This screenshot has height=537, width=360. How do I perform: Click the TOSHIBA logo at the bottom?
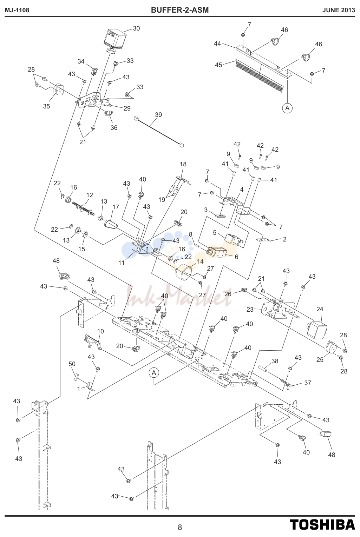click(x=322, y=525)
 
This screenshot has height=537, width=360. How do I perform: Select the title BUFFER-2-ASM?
click(x=180, y=10)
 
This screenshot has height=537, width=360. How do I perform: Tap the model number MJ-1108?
click(x=17, y=10)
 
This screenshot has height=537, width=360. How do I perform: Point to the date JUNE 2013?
click(x=339, y=10)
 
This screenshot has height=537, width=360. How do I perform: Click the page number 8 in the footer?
click(x=180, y=528)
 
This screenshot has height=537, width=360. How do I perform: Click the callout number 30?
click(x=136, y=28)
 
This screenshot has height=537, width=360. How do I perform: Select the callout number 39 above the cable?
click(x=158, y=114)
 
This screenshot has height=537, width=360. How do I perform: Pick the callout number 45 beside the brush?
click(x=218, y=65)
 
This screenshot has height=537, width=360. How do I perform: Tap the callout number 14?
click(x=200, y=261)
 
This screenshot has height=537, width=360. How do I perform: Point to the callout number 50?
click(x=72, y=364)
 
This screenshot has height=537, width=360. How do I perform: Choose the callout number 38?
click(x=275, y=361)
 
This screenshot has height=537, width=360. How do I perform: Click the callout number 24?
click(x=320, y=309)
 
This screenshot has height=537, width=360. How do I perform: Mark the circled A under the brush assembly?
click(x=287, y=108)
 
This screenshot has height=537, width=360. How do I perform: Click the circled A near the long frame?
click(x=154, y=373)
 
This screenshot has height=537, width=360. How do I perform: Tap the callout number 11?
click(x=122, y=263)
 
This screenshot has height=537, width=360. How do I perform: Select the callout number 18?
click(x=183, y=164)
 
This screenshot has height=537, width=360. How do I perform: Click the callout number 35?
click(x=46, y=106)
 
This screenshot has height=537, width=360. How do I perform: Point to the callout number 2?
click(x=284, y=239)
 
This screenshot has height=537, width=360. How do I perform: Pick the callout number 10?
click(x=100, y=331)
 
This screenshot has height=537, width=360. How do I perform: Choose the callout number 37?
click(x=308, y=383)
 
